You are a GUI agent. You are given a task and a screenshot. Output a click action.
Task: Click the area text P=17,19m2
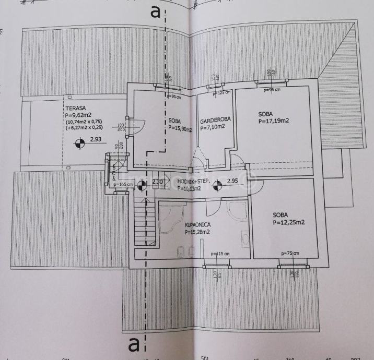click(x=274, y=121)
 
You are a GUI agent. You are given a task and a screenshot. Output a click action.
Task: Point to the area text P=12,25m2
click(x=288, y=222)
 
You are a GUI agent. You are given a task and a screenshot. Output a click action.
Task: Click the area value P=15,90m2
click(x=180, y=129)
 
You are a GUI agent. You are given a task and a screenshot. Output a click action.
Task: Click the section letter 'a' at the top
click(x=155, y=13)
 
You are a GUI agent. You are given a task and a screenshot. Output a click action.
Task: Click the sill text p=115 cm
click(x=220, y=254)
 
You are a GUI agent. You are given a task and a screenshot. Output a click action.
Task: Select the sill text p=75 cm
click(x=290, y=254)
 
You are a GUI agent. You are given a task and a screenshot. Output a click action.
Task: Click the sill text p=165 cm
click(x=123, y=184)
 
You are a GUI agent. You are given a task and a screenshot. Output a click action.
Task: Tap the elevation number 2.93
click(x=95, y=139)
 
